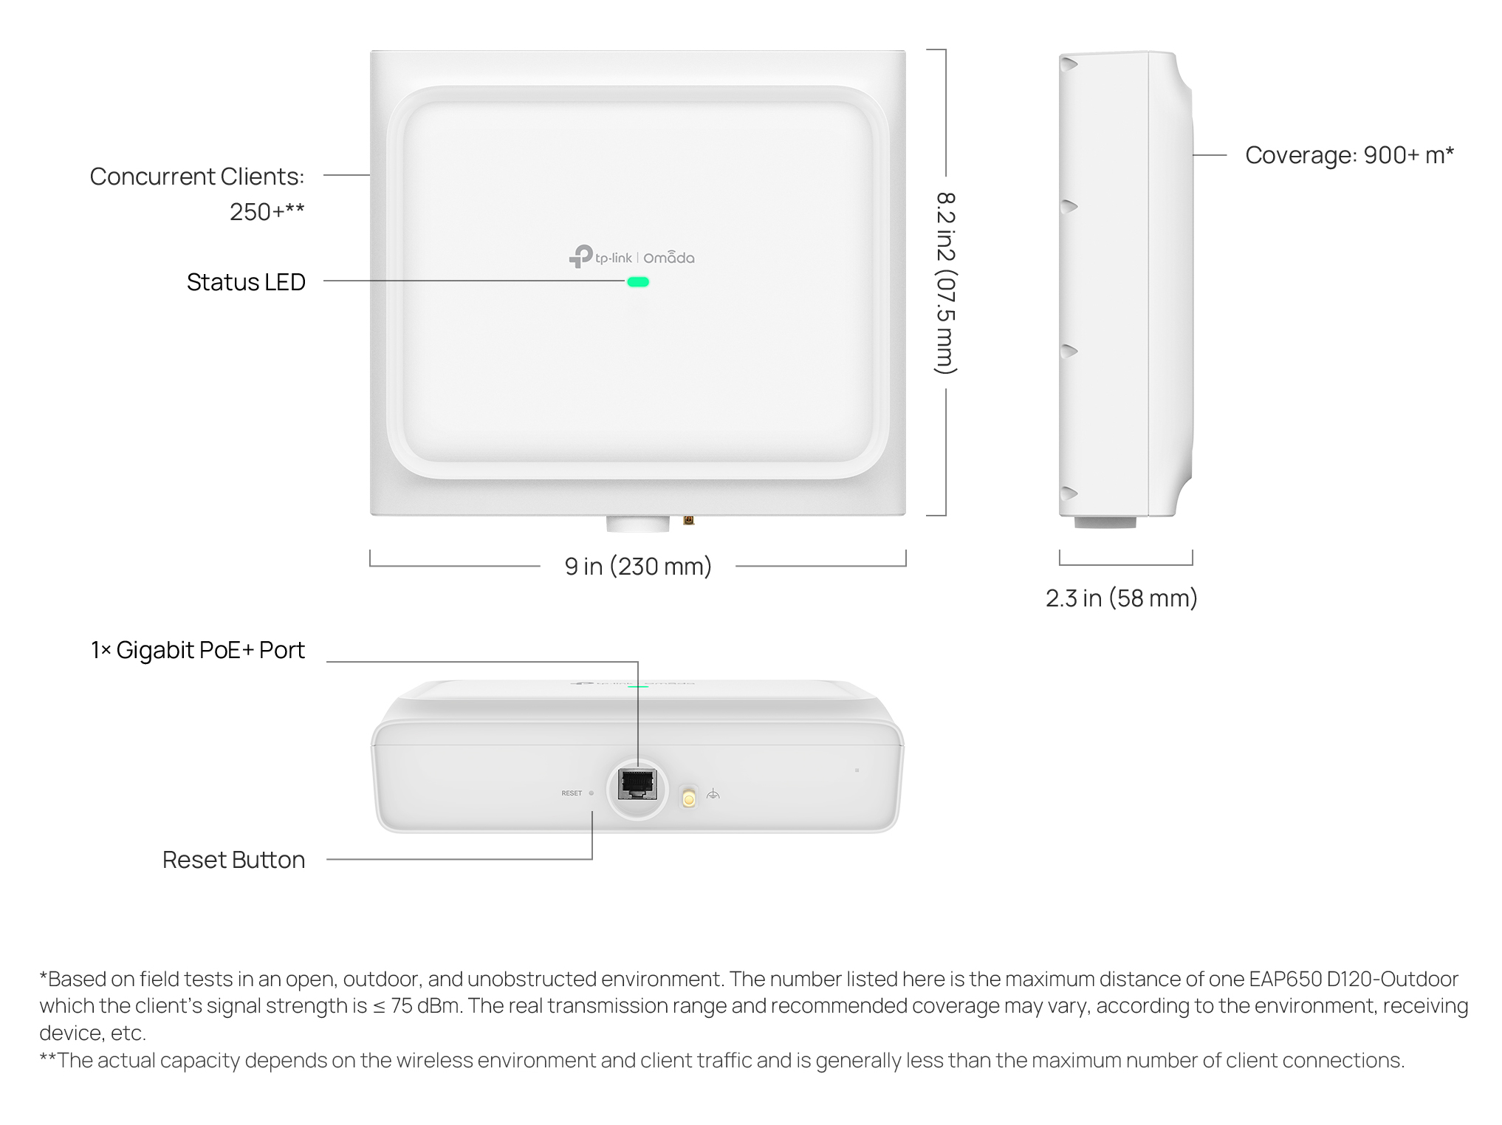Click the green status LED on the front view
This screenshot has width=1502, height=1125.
tap(638, 281)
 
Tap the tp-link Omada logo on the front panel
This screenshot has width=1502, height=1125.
tap(631, 256)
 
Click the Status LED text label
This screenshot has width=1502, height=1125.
tap(246, 282)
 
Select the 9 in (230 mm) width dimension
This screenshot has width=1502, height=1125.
tap(638, 567)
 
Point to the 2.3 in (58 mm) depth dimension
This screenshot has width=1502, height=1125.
tap(1121, 598)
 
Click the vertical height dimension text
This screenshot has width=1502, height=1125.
tap(946, 283)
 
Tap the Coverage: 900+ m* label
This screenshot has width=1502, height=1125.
tap(1349, 155)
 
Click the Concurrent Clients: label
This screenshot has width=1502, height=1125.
tap(197, 177)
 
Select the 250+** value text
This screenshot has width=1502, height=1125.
tap(267, 212)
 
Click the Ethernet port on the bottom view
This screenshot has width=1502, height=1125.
tap(637, 784)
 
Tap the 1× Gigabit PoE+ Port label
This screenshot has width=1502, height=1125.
tap(198, 650)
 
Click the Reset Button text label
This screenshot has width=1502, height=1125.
tap(233, 860)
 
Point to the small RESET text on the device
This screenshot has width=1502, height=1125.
tap(572, 793)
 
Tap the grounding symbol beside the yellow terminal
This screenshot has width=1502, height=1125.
tap(713, 795)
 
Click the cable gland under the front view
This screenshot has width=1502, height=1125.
tap(638, 524)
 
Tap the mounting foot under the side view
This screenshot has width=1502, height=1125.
tap(1105, 522)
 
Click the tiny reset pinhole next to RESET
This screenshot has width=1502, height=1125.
tap(591, 793)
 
